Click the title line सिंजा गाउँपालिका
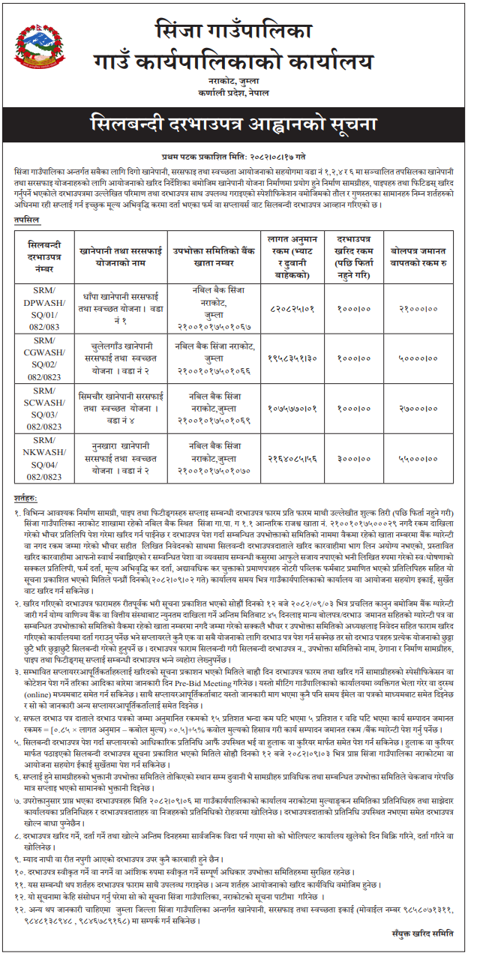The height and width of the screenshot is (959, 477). pyautogui.click(x=238, y=32)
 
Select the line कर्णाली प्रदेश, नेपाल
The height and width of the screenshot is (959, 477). pyautogui.click(x=238, y=91)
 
